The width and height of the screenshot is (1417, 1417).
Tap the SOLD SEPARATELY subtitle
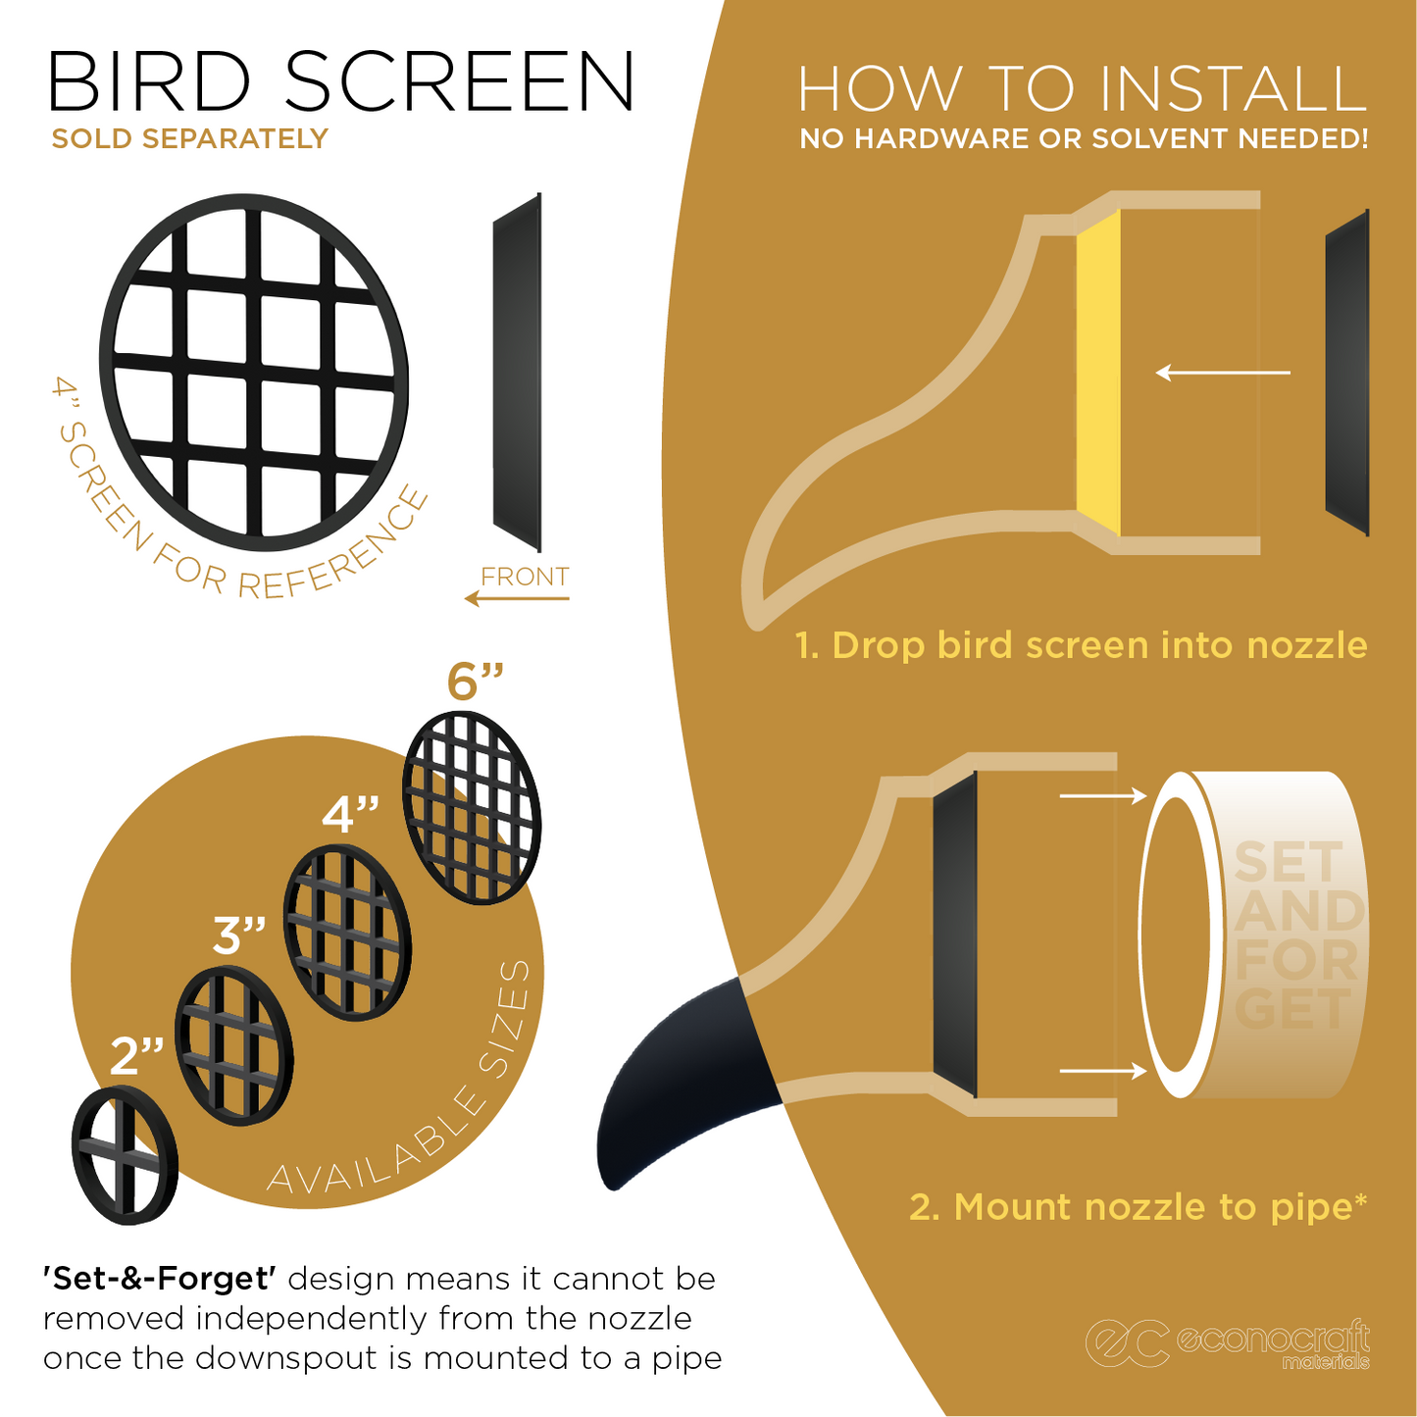pyautogui.click(x=189, y=139)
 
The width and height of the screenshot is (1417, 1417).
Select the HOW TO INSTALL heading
pyautogui.click(x=1082, y=89)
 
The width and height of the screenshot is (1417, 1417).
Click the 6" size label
pyautogui.click(x=476, y=683)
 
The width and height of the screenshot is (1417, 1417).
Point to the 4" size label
pyautogui.click(x=351, y=815)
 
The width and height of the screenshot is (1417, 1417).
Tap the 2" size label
pyautogui.click(x=136, y=1056)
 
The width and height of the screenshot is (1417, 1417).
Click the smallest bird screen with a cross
pyautogui.click(x=125, y=1155)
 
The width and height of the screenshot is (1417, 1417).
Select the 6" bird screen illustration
pyautogui.click(x=472, y=807)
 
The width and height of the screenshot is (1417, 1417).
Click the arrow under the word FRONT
pyautogui.click(x=516, y=598)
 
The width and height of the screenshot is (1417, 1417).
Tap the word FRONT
pyautogui.click(x=525, y=577)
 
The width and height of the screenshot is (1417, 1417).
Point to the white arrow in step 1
pyautogui.click(x=1223, y=373)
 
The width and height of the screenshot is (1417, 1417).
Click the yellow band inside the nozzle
pyautogui.click(x=1098, y=373)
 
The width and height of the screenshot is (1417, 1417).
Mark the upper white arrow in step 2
pyautogui.click(x=1102, y=795)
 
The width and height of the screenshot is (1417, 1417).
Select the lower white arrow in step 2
pyautogui.click(x=1102, y=1071)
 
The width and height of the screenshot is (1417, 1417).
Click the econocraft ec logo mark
pyautogui.click(x=1127, y=1342)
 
